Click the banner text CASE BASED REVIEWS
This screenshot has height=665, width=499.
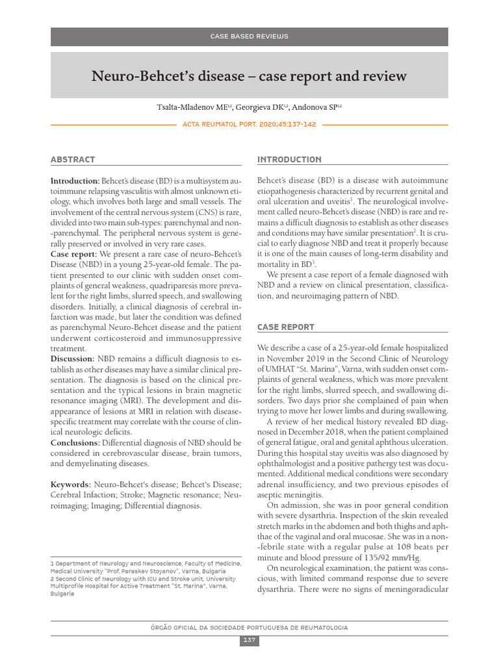pos(249,36)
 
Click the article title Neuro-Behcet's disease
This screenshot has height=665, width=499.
pos(249,77)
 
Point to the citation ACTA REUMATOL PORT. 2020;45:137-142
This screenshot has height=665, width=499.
pos(249,124)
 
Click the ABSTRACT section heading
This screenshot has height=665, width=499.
pos(73,160)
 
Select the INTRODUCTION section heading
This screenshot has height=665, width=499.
pos(289,160)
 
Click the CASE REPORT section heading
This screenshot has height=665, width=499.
pos(286,327)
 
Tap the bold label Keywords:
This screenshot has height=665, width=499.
pos(71,484)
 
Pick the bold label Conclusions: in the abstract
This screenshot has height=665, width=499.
pos(75,442)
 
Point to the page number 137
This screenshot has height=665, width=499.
pos(249,641)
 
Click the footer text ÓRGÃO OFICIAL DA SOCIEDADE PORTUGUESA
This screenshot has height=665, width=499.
pos(249,628)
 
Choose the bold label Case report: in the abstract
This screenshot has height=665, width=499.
pos(73,253)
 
